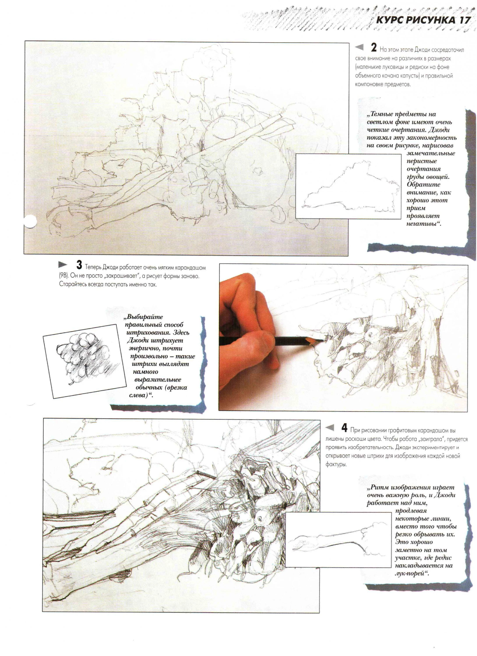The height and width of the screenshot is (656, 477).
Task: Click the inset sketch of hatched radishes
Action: [x=83, y=359]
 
